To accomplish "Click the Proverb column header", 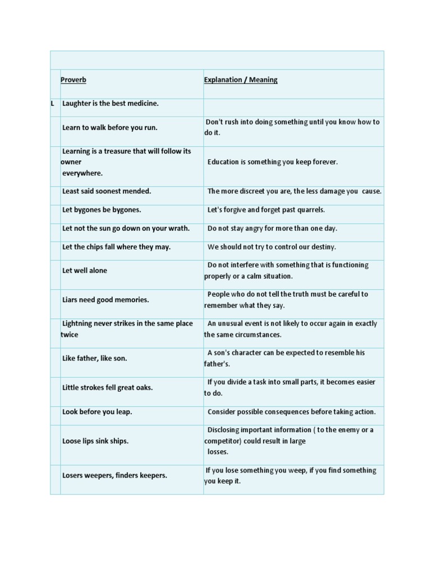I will point(73,80).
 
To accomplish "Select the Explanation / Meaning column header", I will point(241,80).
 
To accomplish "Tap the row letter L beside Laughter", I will point(52,104).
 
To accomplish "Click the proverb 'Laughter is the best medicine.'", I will point(111,104).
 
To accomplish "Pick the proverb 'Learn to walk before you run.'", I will point(110,127).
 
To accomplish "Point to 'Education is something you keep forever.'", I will point(273,162).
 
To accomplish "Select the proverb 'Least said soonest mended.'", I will point(107,191).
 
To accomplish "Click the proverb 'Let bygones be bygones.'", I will point(102,210).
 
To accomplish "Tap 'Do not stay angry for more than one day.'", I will point(272,228).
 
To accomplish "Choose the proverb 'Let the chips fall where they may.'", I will point(116,247).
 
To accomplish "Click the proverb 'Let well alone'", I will point(85,270).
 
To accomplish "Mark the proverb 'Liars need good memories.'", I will point(106,300).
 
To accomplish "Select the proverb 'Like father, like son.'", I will point(95,358).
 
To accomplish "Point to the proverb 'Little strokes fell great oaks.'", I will point(108,387).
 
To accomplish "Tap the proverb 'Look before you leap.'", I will point(97,412).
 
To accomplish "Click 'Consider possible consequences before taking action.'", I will point(292,412).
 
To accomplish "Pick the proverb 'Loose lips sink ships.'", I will point(95,441).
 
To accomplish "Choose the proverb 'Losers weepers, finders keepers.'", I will point(114,475).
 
